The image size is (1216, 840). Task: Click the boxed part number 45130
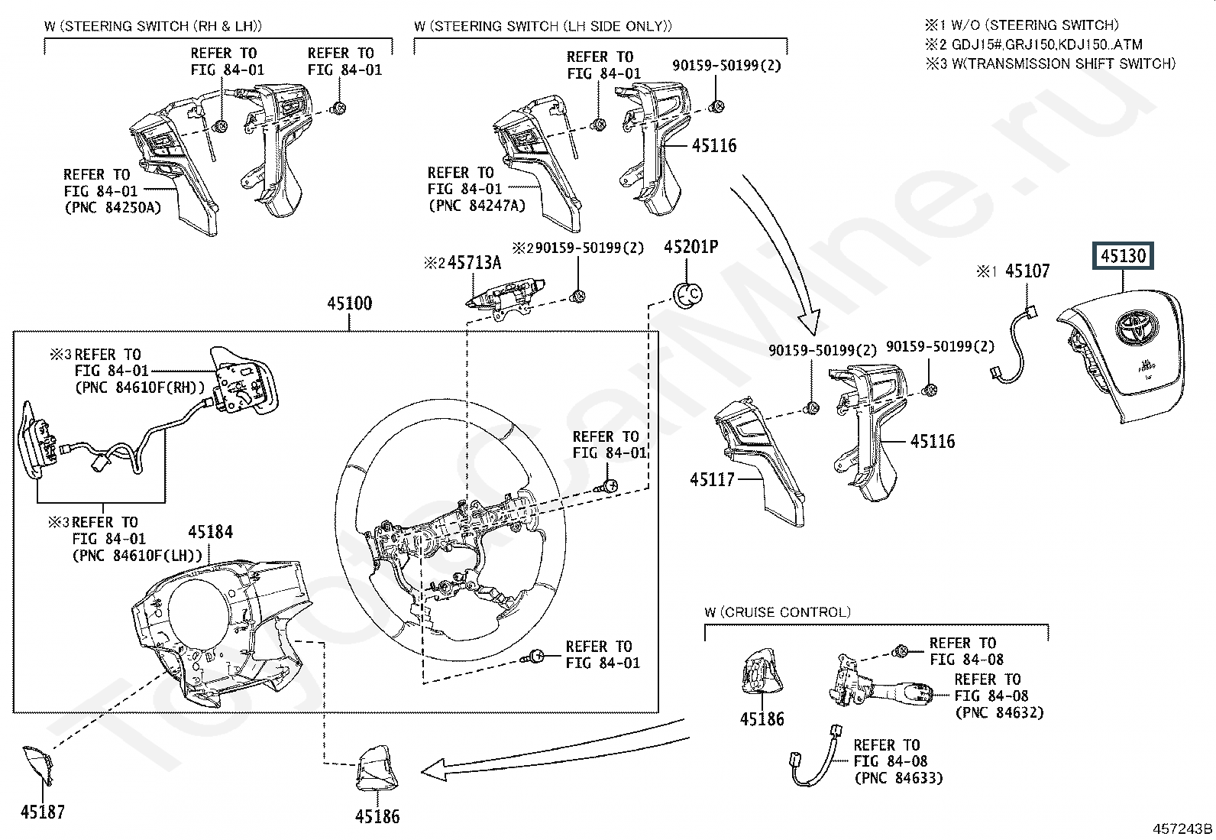click(x=1123, y=255)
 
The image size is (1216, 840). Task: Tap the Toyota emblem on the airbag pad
click(x=1137, y=327)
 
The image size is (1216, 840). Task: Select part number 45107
click(x=1027, y=271)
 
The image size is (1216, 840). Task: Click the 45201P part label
click(x=690, y=247)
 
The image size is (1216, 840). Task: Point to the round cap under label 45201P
click(x=687, y=295)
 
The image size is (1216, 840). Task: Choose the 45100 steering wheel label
click(x=350, y=303)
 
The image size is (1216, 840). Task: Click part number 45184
click(x=211, y=532)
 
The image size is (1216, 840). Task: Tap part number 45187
click(x=42, y=812)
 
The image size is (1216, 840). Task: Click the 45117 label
click(x=712, y=479)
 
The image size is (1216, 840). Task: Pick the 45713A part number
click(x=474, y=263)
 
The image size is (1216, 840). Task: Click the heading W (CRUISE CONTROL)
click(x=778, y=612)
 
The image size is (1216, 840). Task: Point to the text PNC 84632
click(x=999, y=712)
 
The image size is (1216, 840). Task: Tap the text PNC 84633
click(x=899, y=778)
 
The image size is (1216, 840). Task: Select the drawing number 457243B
click(x=1182, y=829)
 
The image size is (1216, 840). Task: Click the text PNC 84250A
click(x=113, y=208)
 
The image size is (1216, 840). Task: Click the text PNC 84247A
click(x=477, y=206)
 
